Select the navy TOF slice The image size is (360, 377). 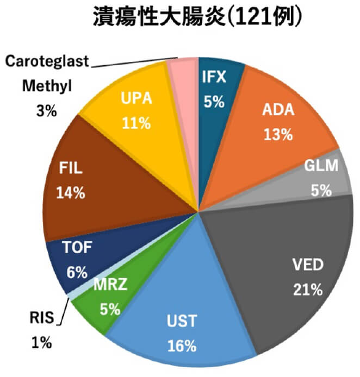(x=76, y=258)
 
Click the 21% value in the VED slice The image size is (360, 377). (x=307, y=290)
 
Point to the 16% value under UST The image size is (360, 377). (x=180, y=344)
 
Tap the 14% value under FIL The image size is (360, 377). (x=71, y=192)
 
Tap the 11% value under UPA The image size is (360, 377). (x=136, y=123)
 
